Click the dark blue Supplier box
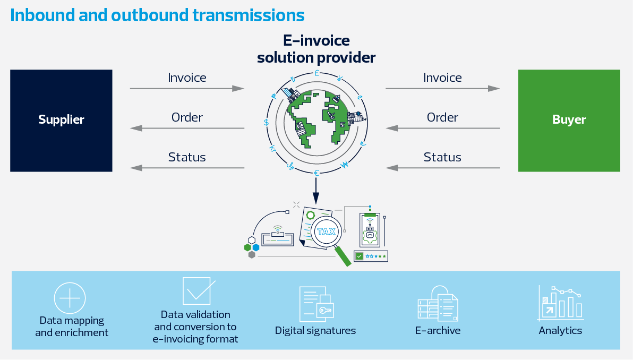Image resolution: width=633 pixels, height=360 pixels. coord(61,121)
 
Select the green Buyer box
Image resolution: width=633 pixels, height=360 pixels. coord(569,121)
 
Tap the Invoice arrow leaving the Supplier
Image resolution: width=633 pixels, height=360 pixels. coord(187,88)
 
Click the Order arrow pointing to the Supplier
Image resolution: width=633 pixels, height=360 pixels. coord(187,128)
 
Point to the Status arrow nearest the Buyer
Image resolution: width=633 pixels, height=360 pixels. coord(443,168)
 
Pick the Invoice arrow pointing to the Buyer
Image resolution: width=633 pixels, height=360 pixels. coord(443,88)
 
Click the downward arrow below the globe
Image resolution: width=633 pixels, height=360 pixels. coord(316,191)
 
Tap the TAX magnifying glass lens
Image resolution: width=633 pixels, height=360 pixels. coord(326,232)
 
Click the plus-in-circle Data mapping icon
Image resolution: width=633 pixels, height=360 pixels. coord(70,298)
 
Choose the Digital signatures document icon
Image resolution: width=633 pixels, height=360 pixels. coord(316,304)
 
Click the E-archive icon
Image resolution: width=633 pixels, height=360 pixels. coord(438,303)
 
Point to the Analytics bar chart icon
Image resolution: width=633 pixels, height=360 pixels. coord(560,304)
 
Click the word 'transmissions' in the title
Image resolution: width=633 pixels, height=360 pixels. coord(249,15)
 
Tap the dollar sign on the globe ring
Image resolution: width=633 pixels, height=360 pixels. coord(267,122)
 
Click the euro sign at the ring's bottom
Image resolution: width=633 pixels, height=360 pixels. coord(316,173)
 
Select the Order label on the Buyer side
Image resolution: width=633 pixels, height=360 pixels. coord(442,117)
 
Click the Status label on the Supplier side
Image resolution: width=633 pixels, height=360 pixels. coord(187,157)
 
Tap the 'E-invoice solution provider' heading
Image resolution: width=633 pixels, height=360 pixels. coord(316,49)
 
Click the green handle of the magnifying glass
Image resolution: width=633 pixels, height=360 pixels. coord(343,256)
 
